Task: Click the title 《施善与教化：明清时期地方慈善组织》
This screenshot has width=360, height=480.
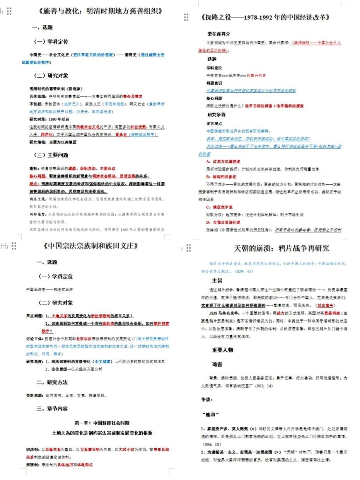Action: [100, 11]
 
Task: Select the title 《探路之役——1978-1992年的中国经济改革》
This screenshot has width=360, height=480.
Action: [266, 17]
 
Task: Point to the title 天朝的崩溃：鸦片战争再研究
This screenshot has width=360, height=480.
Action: [282, 248]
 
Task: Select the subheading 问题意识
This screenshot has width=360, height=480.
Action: [214, 83]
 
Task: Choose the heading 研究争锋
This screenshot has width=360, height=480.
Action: [217, 114]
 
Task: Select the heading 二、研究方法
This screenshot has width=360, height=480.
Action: [52, 382]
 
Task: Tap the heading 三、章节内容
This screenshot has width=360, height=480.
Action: [52, 409]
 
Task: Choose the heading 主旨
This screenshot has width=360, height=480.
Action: [217, 280]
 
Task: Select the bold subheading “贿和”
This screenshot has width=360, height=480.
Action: [210, 415]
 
